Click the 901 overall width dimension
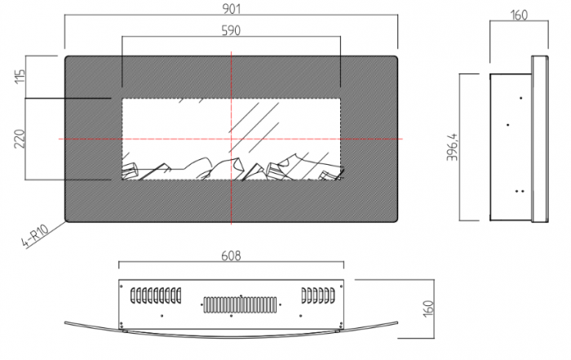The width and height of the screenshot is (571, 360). coord(232,9)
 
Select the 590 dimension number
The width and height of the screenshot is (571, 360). coord(231,30)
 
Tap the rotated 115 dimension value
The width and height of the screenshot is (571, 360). coord(20,76)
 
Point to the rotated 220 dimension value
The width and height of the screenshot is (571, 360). coord(20,139)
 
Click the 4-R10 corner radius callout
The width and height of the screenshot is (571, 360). coord(35,237)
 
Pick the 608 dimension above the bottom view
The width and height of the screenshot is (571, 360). coord(231,256)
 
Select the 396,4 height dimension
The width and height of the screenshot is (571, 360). coord(453,147)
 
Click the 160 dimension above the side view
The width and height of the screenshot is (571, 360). coord(519,15)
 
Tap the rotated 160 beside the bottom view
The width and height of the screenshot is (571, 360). coord(429,309)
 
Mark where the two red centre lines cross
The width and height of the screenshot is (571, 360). coord(231,139)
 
